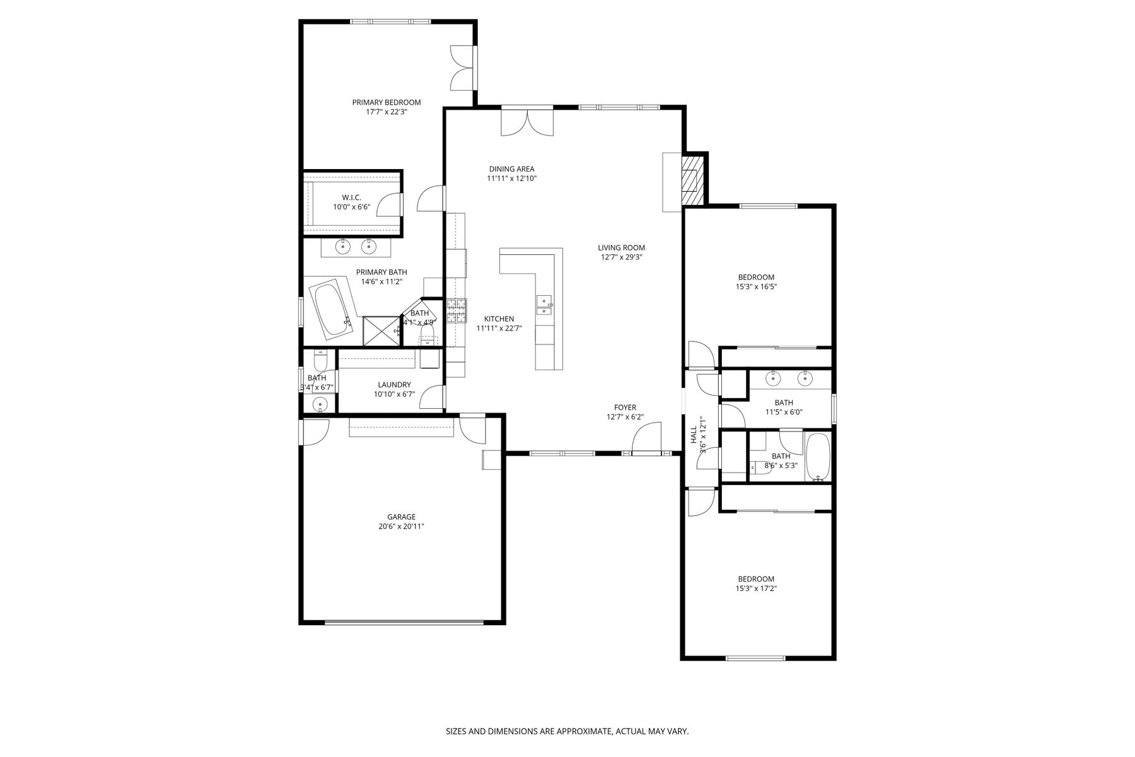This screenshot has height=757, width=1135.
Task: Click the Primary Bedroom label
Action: coord(386,102)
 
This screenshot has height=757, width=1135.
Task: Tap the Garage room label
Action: coord(401,517)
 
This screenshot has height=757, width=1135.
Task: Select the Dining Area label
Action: coord(511,169)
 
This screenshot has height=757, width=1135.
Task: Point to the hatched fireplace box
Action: coord(693,180)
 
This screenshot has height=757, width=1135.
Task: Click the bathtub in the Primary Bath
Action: coord(330,310)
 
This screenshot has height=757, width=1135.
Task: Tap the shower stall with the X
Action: coord(382,331)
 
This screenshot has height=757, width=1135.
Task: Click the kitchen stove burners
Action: coord(457,311)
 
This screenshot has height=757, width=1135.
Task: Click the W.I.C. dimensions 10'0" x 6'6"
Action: coord(351,207)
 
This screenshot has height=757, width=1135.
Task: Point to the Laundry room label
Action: coord(394,385)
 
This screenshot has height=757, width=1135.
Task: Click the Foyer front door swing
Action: coord(645,438)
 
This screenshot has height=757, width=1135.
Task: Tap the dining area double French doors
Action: coord(527,122)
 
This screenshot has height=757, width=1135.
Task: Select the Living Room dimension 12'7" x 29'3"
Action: coord(621,257)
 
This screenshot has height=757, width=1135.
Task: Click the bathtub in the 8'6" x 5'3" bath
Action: coord(818,457)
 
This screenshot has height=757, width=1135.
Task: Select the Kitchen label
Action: coord(499,319)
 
